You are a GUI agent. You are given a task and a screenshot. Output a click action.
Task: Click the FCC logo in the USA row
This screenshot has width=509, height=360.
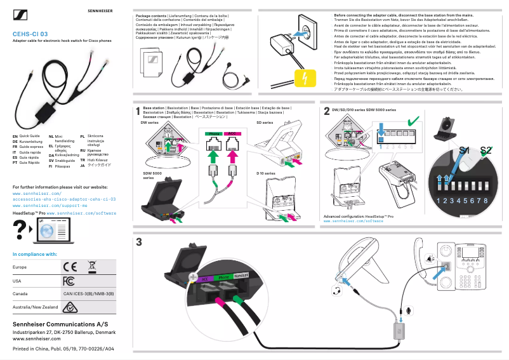69,281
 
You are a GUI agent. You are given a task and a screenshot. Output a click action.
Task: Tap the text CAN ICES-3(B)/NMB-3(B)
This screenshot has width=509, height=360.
88,294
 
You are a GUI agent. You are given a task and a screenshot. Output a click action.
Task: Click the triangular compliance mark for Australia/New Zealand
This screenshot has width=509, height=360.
69,308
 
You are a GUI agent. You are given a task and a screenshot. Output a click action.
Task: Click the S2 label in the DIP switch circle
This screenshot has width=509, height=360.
486,150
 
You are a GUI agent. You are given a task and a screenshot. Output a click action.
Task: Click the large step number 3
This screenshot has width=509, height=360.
139,242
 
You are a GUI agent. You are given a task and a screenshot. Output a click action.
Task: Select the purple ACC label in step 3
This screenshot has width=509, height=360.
204,278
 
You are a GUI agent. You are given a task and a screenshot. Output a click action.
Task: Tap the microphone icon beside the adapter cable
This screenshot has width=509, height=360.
410,309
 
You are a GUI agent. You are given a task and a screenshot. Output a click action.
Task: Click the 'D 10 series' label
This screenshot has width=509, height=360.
265,173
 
